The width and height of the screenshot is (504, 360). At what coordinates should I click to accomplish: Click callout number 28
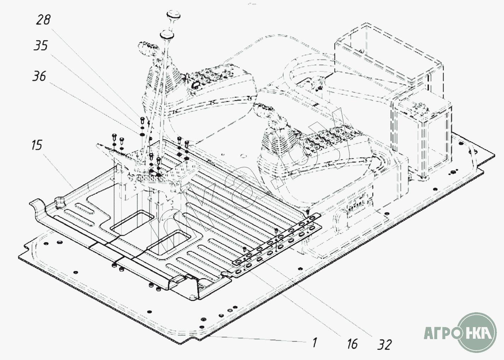pos(44,20)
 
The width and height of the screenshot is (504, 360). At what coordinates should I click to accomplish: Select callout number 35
pos(41,46)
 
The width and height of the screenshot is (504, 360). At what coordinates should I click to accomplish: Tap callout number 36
pos(39,76)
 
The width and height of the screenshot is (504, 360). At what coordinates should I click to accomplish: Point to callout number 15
pos(37,145)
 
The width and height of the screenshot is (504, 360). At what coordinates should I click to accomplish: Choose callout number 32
pos(384,344)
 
